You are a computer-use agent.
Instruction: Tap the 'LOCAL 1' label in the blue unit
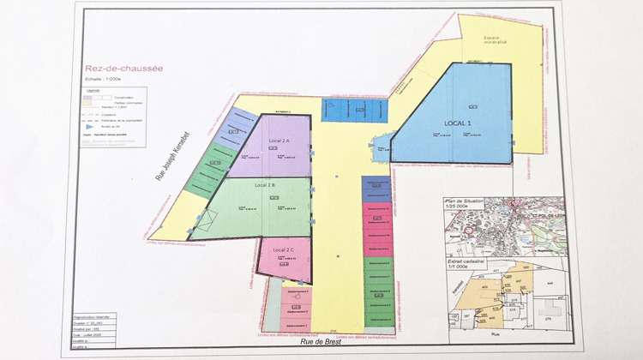(x=458, y=123)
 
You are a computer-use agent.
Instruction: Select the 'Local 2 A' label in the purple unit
(x=279, y=140)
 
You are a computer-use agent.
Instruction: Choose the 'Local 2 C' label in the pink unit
(x=284, y=249)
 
